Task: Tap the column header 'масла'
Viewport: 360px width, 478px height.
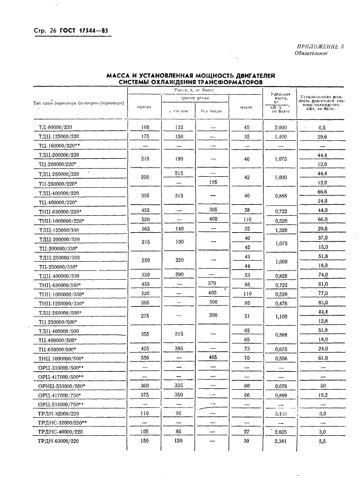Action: coord(246,107)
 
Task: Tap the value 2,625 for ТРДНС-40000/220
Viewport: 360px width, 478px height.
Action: coord(281,431)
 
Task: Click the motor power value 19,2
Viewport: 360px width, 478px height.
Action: coord(322,394)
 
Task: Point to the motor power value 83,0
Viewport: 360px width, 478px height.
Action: coord(322,303)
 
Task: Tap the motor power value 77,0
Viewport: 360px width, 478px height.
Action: coord(322,293)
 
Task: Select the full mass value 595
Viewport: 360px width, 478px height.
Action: coord(145,303)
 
